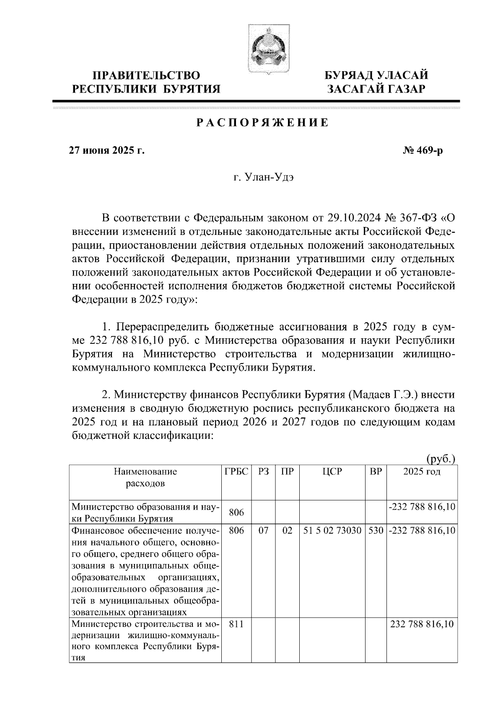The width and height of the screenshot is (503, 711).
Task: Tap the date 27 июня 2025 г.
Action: [106, 150]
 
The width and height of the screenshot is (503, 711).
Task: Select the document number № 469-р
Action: [422, 150]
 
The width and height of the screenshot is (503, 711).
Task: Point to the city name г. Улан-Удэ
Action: [264, 178]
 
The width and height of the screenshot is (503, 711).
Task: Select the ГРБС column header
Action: [236, 471]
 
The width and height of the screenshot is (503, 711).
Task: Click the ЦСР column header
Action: [332, 471]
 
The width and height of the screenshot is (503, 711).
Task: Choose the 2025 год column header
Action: [422, 471]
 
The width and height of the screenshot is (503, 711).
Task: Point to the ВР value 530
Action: [376, 531]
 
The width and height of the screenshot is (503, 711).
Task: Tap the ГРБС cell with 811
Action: [236, 624]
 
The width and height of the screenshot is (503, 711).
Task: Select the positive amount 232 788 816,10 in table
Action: [422, 624]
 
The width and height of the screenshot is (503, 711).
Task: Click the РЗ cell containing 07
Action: [263, 531]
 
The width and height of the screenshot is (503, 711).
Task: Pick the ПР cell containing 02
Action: [287, 531]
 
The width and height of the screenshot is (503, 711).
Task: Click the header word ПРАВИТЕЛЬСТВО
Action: [146, 75]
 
